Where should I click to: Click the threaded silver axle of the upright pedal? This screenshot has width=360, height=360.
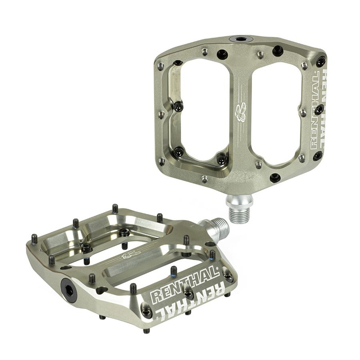[x=239, y=210]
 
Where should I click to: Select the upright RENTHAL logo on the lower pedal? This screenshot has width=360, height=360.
[x=184, y=283]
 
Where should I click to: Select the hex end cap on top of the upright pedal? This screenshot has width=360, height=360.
[x=241, y=39]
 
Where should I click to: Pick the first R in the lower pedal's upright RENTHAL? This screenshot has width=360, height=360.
[x=155, y=297]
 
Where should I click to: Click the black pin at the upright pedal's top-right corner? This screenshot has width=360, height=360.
[x=320, y=62]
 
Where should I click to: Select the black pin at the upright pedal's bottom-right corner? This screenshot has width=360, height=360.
[x=318, y=156]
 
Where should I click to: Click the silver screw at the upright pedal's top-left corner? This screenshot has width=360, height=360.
[x=161, y=66]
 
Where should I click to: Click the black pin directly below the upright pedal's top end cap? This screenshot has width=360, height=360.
[x=222, y=55]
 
